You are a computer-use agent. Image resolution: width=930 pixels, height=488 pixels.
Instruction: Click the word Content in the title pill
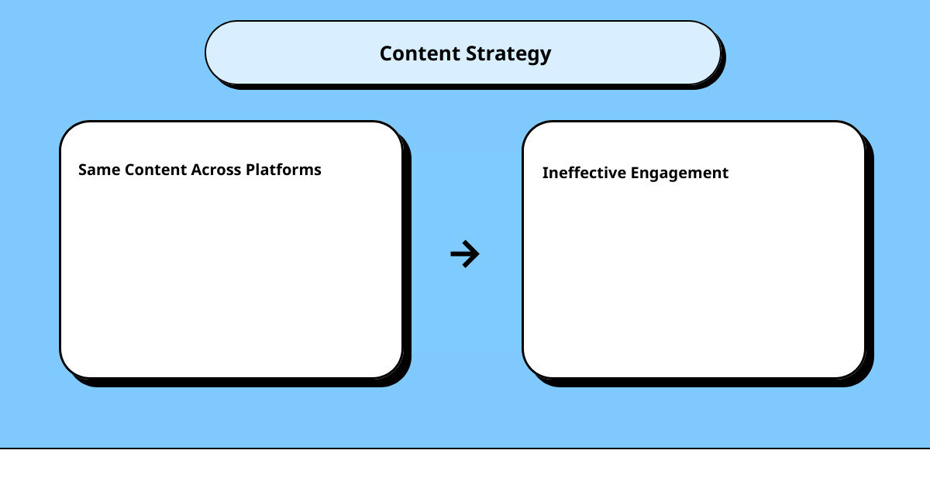[418, 53]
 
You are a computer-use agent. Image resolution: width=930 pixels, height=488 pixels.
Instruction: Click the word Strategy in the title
[508, 54]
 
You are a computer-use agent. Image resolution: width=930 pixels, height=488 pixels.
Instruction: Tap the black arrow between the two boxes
[465, 254]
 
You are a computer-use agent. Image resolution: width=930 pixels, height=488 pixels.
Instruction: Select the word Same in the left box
[95, 170]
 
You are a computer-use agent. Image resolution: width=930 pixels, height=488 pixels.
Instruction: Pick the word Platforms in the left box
[283, 170]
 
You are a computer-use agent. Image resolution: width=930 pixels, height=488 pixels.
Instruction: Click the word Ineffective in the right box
[584, 173]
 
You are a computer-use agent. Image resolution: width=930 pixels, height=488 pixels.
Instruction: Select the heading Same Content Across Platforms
[199, 170]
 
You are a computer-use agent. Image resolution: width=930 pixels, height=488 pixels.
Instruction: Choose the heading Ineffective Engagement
[635, 173]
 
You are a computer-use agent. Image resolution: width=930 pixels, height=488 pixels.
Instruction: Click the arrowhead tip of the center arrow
[478, 254]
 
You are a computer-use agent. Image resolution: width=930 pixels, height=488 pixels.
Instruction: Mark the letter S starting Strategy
[470, 53]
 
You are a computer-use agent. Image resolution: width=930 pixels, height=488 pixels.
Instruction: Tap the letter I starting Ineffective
[545, 173]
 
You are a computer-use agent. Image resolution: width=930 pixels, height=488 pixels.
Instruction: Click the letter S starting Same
[82, 170]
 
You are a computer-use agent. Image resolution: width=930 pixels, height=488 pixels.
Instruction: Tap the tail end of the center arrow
[453, 254]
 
